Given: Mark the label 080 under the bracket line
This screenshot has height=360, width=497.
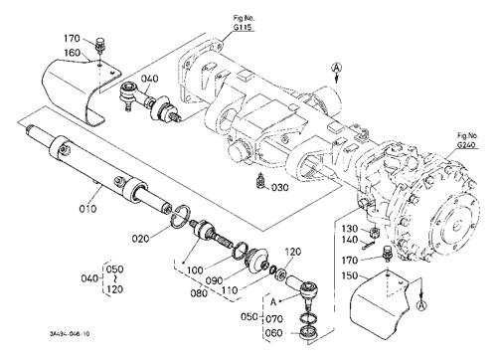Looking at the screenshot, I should click(x=200, y=293).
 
